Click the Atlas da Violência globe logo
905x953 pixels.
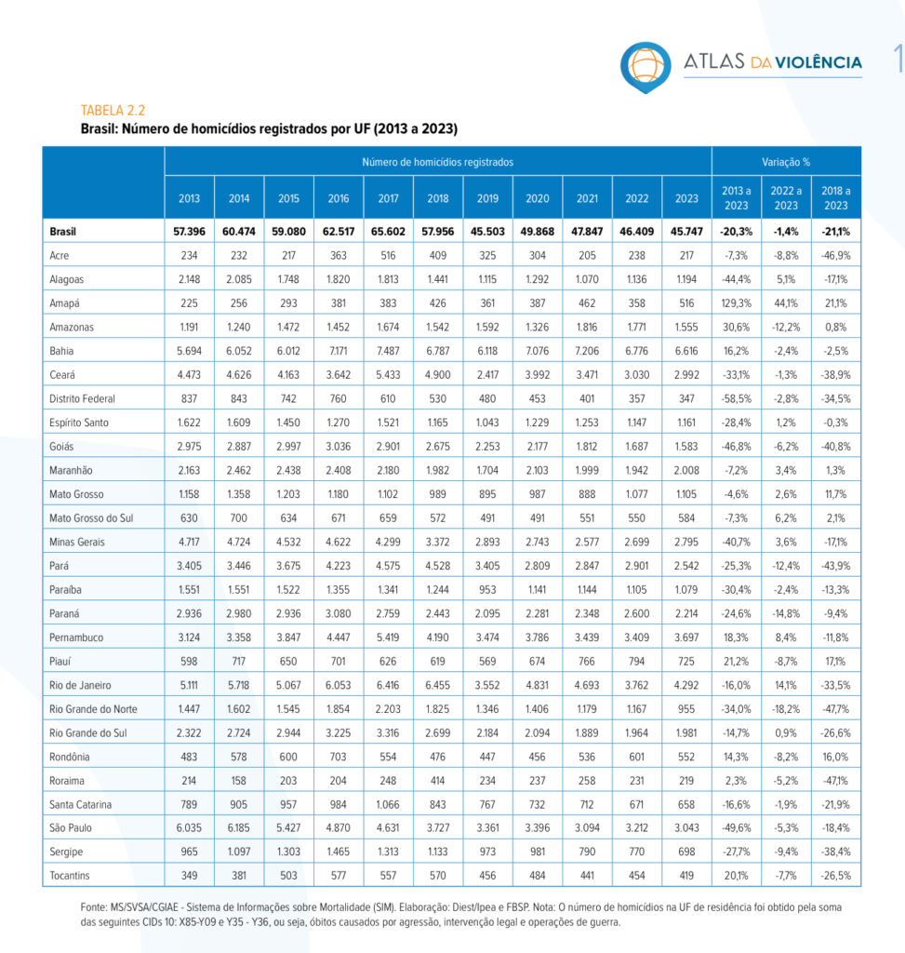[x=645, y=67]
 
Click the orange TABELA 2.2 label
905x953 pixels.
[x=113, y=111]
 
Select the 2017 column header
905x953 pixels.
[x=388, y=198]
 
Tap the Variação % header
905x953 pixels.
[x=786, y=162]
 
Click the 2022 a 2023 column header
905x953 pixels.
[x=786, y=198]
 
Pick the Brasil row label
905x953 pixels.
[x=62, y=232]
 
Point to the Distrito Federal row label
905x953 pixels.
[x=82, y=398]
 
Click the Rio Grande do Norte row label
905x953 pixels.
[x=93, y=708]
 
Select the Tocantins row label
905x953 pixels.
[x=69, y=875]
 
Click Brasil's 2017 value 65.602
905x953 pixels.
[x=388, y=232]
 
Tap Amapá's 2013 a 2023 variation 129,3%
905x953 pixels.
[x=736, y=303]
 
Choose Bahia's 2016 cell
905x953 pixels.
[x=339, y=351]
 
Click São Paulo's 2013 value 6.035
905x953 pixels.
[x=189, y=827]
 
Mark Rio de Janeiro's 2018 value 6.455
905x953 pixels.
[x=437, y=685]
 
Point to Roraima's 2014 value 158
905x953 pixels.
[x=239, y=781]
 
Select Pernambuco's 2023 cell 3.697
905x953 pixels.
[x=686, y=638]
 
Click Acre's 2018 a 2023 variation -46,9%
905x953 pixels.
[x=836, y=256]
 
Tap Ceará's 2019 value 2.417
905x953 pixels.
[x=487, y=375]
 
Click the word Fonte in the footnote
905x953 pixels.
[x=93, y=907]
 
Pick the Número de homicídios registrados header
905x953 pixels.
[x=437, y=162]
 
